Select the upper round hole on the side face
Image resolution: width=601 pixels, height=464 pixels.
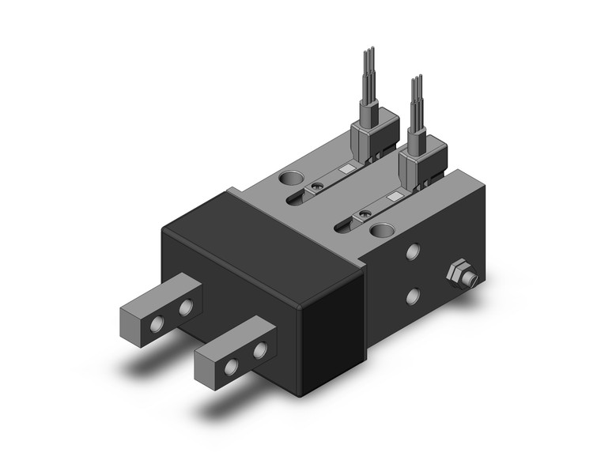pos(412,253)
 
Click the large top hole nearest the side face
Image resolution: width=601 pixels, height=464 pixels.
pos(383,231)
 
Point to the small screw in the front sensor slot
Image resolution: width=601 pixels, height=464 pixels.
pos(365,213)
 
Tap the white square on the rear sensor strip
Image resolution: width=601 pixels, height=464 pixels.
pos(346,169)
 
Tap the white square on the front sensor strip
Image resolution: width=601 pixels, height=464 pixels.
pos(395,196)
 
